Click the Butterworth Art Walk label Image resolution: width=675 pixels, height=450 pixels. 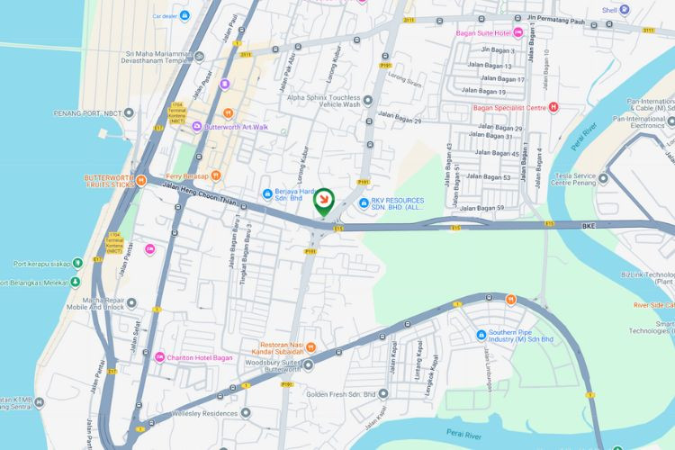point(237,127)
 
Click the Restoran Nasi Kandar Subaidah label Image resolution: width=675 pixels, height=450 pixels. point(294,348)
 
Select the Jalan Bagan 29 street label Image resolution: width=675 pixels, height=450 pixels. point(400,115)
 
